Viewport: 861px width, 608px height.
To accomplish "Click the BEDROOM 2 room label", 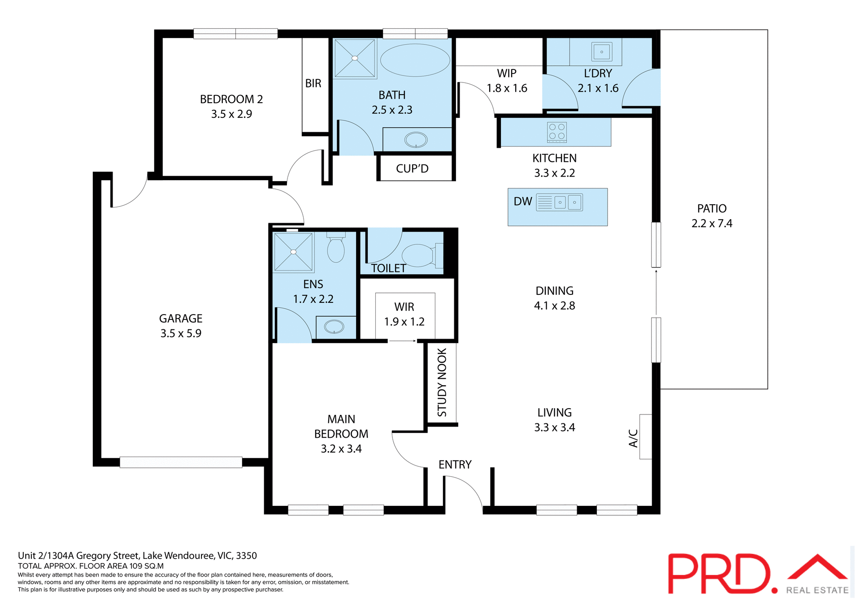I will click(x=231, y=99).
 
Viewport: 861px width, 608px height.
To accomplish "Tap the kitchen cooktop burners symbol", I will click(x=557, y=132).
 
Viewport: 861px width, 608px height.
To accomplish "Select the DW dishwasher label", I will click(x=522, y=202).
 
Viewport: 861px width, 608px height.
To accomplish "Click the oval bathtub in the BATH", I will click(x=415, y=60).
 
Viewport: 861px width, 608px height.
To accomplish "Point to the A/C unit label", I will click(x=633, y=438).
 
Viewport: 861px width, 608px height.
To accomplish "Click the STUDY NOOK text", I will click(x=442, y=382).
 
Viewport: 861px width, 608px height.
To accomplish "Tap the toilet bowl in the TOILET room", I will click(x=418, y=255).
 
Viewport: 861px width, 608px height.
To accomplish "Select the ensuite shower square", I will click(x=293, y=252).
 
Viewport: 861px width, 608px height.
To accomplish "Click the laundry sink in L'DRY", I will click(x=601, y=52).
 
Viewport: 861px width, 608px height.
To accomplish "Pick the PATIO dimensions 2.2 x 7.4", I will click(x=712, y=223).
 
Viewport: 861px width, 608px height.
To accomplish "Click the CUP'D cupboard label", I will click(x=412, y=168).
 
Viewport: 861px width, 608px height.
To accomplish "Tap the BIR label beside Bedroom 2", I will click(x=313, y=83).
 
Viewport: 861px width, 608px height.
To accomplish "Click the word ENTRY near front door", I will click(x=455, y=465).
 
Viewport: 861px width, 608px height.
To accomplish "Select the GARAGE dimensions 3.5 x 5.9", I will click(x=181, y=333).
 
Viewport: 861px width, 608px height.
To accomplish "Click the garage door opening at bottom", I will click(x=181, y=462).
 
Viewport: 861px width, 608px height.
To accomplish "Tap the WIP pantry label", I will click(x=507, y=73).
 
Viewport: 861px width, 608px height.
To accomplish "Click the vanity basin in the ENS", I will click(x=334, y=327).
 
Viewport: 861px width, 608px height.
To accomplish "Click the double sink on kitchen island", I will click(x=567, y=202).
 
